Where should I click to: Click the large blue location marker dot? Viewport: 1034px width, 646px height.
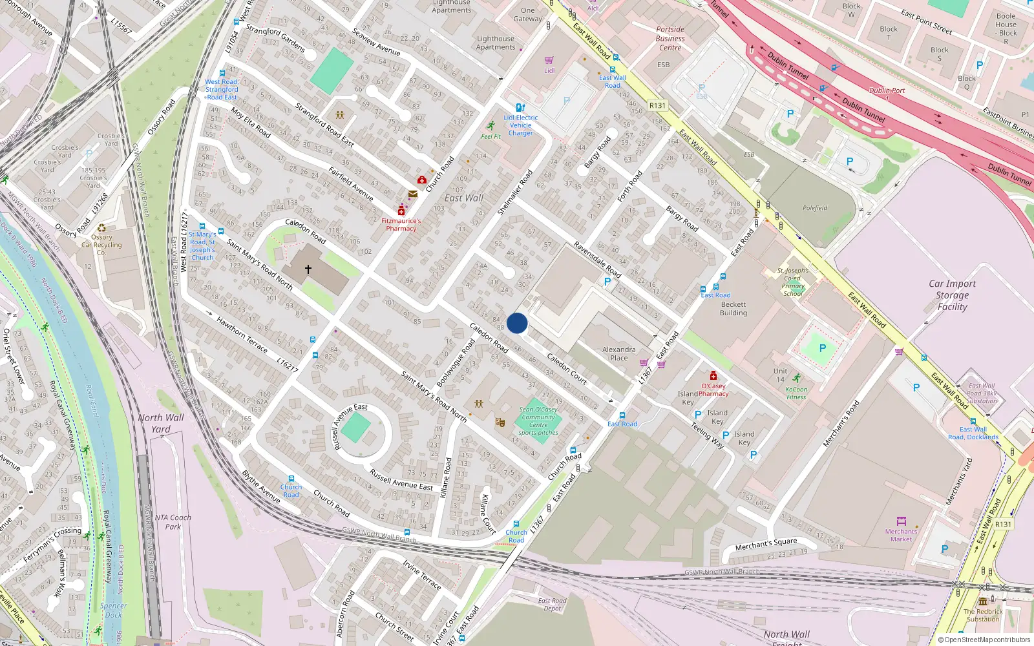click(517, 323)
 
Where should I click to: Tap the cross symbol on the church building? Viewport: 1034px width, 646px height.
click(308, 269)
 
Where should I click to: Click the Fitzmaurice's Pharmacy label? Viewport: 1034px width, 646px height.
click(401, 224)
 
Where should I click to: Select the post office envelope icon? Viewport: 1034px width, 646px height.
click(412, 194)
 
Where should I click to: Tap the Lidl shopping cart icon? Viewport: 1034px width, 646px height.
click(549, 61)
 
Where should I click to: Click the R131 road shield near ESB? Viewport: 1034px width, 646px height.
click(657, 105)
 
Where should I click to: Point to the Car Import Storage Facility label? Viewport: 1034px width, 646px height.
click(952, 295)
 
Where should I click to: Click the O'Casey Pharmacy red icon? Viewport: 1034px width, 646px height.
click(713, 376)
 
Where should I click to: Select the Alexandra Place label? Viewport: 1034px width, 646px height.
click(618, 353)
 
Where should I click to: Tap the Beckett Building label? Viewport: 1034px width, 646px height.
click(733, 308)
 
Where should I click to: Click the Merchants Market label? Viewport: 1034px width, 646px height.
click(901, 535)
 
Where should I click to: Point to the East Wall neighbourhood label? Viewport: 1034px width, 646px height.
click(463, 198)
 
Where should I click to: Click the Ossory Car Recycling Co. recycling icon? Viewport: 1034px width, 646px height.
click(101, 227)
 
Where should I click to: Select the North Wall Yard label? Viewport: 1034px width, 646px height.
click(160, 423)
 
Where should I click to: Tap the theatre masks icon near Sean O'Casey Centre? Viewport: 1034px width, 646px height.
click(500, 422)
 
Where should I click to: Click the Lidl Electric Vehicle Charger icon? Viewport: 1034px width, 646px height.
click(520, 108)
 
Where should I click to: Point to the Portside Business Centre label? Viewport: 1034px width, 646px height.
click(670, 38)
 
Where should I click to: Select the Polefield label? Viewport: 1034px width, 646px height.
click(814, 208)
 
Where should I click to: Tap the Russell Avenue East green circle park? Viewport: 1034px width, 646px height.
click(355, 428)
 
